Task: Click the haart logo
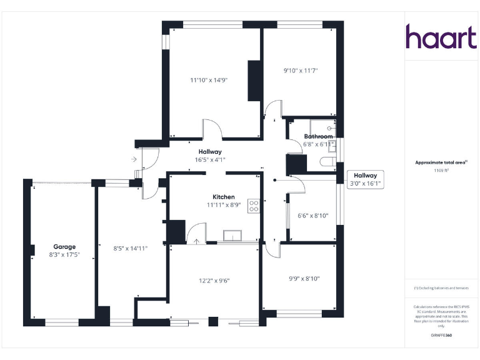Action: pos(441,37)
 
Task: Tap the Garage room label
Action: pos(64,247)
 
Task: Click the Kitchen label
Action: pos(223,196)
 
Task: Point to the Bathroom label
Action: pos(318,136)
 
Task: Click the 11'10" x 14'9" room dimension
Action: pos(208,80)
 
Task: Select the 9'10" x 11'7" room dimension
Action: pos(301,71)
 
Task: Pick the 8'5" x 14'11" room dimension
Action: pos(130,248)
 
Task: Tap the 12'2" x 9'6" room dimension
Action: pos(214,281)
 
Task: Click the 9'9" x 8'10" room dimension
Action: pos(304,279)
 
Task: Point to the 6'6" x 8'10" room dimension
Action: pos(312,216)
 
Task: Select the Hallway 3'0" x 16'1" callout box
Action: pos(365,180)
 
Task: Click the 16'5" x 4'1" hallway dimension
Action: pos(210,160)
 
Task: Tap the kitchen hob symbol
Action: pos(254,206)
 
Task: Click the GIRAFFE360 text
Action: pos(441,336)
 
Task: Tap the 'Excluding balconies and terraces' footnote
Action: pos(441,288)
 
